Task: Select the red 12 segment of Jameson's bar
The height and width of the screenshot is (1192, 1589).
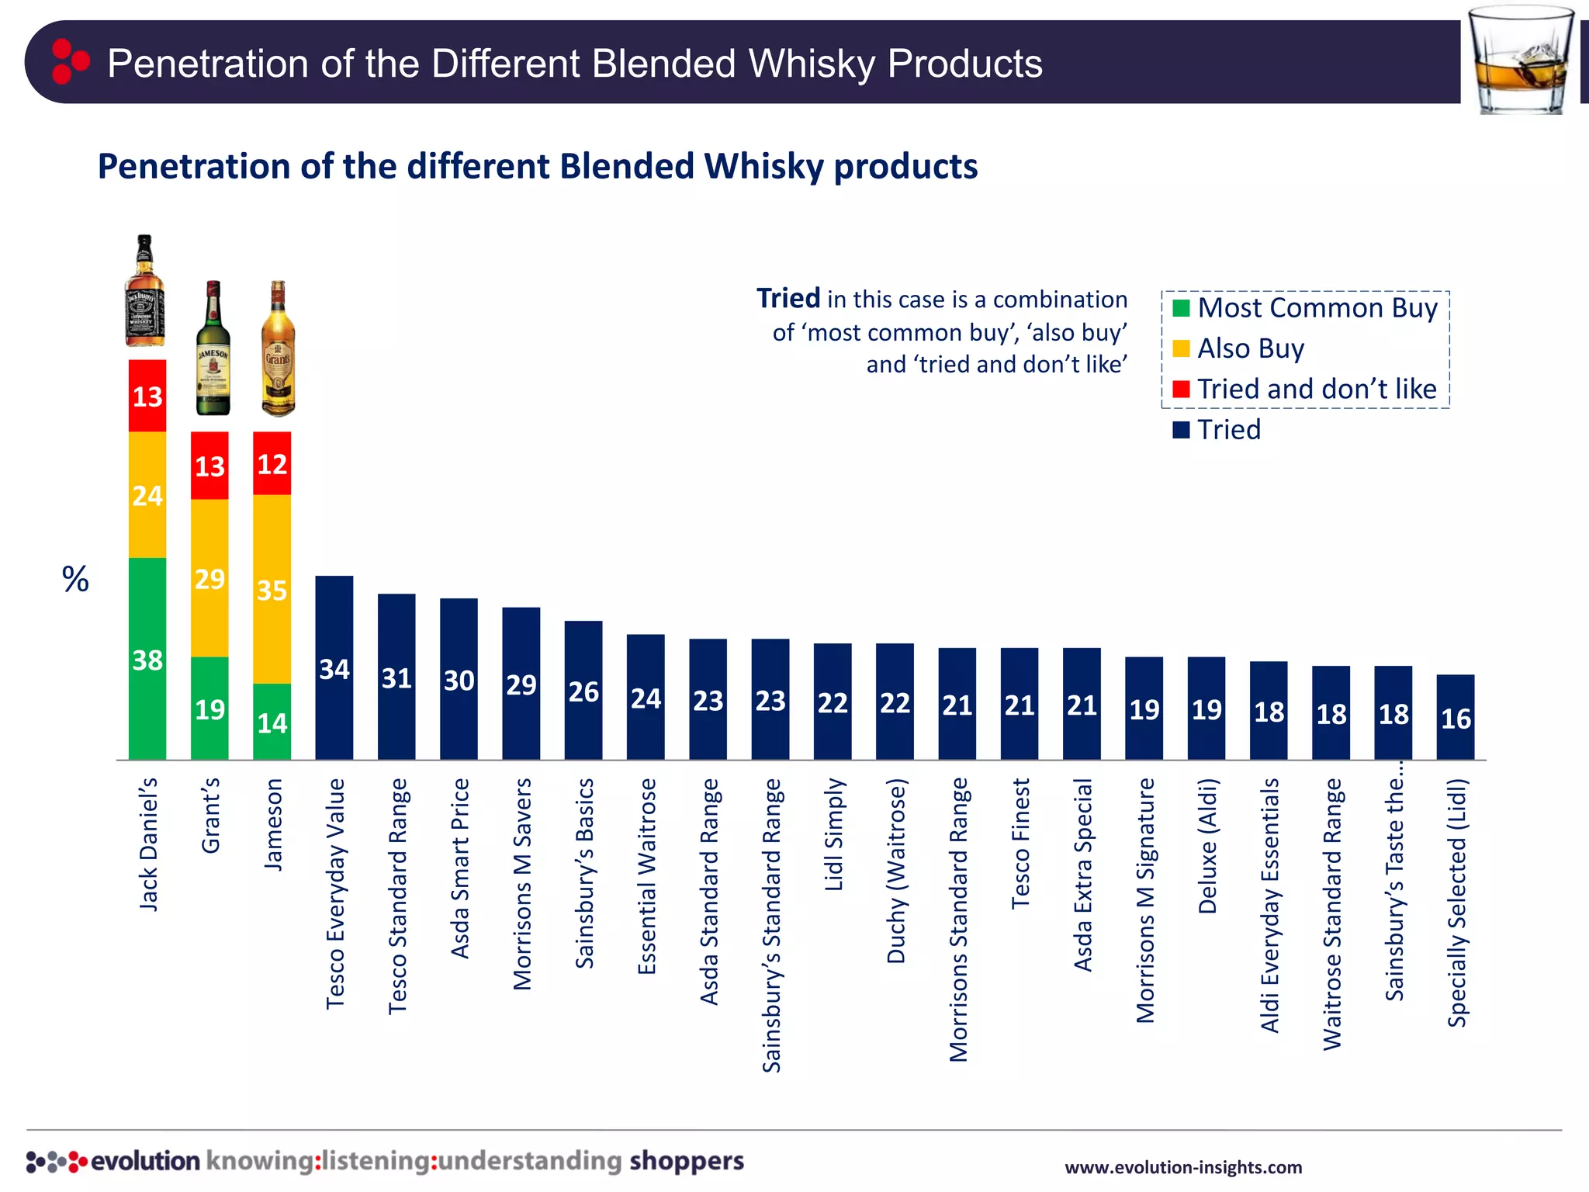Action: (272, 463)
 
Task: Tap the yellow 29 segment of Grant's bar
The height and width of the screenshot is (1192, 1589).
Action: (209, 578)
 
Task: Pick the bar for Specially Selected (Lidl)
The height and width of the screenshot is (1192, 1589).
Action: (1455, 717)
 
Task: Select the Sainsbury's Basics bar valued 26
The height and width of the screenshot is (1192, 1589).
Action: (583, 690)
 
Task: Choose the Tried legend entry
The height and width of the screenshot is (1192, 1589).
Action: (1228, 429)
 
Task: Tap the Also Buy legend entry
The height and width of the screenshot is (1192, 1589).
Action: (1249, 348)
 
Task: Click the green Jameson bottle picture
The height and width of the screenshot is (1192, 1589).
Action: (213, 349)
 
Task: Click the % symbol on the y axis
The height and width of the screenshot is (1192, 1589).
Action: (75, 579)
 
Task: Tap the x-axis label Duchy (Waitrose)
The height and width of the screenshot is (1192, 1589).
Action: (895, 871)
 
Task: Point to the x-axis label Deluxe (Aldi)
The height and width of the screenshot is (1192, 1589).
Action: (1207, 846)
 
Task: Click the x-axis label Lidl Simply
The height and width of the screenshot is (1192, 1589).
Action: (833, 835)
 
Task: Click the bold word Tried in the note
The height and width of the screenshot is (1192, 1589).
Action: (788, 298)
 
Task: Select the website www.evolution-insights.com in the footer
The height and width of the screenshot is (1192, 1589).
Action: (1182, 1167)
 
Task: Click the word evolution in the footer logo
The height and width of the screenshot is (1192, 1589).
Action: (145, 1161)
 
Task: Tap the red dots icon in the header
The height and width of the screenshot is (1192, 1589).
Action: (69, 61)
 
